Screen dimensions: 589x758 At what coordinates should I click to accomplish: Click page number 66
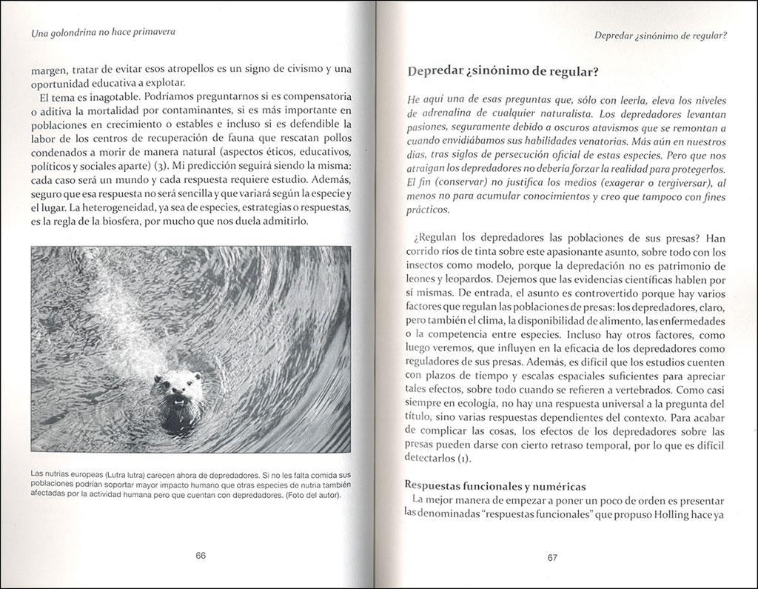(200, 557)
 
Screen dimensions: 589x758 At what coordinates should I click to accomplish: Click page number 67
(552, 558)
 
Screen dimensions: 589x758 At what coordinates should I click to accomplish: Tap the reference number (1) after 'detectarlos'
(463, 459)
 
